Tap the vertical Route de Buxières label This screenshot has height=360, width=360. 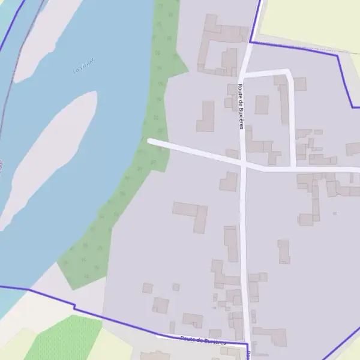[241, 106]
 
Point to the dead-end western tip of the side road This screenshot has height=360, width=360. [150, 141]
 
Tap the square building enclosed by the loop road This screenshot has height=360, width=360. [262, 104]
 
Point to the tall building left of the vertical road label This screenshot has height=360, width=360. [206, 116]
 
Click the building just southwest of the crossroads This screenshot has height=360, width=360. [229, 181]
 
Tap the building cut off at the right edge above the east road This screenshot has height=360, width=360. [353, 149]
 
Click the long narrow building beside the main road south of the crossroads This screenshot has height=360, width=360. [231, 243]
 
